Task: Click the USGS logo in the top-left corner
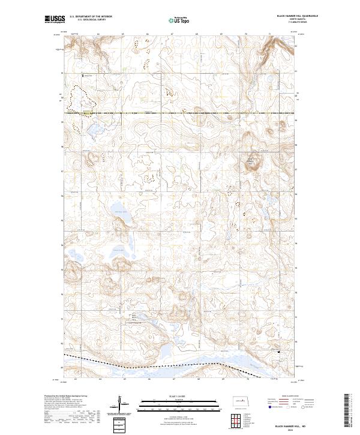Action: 53,20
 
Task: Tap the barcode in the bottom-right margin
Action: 347,408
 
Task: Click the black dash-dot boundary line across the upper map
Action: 180,112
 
